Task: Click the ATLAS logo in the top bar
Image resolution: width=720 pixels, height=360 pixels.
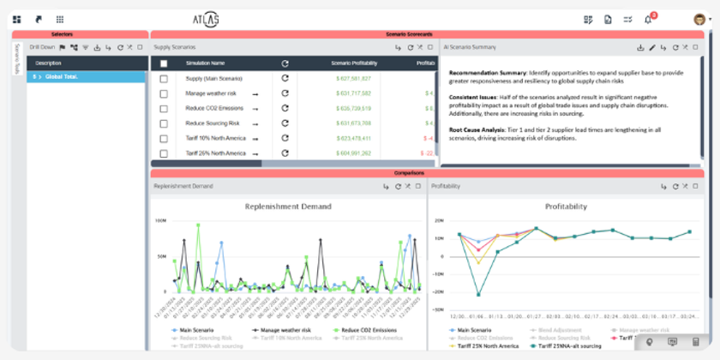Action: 206,18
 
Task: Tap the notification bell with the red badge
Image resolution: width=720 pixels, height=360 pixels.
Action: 649,19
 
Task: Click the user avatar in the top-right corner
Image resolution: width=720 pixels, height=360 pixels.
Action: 699,19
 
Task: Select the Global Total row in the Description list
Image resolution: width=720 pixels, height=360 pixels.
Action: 86,76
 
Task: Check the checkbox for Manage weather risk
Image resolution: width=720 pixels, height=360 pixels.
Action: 164,93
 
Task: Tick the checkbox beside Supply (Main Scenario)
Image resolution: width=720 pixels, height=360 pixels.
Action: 164,78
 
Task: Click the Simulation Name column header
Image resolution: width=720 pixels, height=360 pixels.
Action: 205,63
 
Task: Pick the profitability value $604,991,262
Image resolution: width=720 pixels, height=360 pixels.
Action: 353,153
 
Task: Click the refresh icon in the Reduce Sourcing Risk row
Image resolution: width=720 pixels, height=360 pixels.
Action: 285,123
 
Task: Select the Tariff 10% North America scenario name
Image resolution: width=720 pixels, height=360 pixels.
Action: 215,138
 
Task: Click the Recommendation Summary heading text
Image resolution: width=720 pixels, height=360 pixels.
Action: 486,72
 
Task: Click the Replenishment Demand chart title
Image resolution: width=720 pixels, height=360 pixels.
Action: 287,207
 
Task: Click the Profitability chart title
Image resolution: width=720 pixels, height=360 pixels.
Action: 566,207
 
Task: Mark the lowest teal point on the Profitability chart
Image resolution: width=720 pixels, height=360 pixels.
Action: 478,294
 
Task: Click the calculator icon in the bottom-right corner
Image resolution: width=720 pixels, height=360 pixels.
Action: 695,342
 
